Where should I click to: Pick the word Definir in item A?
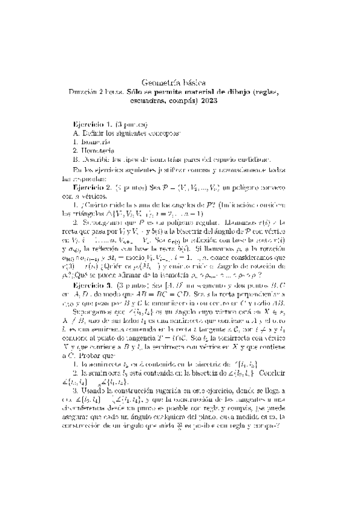pos(93,131)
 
